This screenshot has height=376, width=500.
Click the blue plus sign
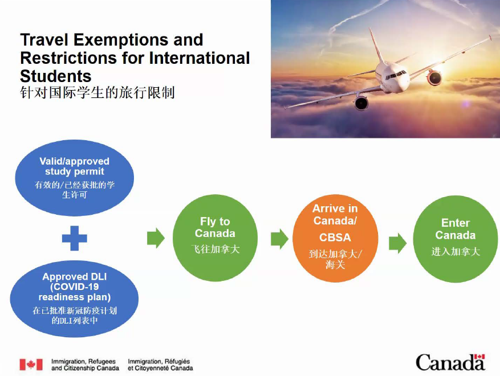pyautogui.click(x=74, y=238)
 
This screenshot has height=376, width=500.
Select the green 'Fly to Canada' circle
pyautogui.click(x=215, y=238)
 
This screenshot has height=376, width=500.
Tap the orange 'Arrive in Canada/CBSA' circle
pyautogui.click(x=335, y=238)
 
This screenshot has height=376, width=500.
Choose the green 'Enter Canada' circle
pyautogui.click(x=456, y=239)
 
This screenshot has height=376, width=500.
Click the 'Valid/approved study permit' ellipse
pyautogui.click(x=74, y=178)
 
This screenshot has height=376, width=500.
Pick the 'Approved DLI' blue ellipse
pyautogui.click(x=74, y=299)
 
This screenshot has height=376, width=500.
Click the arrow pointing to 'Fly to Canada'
pyautogui.click(x=156, y=238)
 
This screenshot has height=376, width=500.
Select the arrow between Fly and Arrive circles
pyautogui.click(x=280, y=239)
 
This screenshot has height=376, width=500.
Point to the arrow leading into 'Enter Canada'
pyautogui.click(x=397, y=243)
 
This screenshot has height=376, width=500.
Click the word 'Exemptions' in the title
pyautogui.click(x=122, y=40)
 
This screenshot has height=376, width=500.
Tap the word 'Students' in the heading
pyautogui.click(x=56, y=76)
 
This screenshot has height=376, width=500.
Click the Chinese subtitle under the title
pyautogui.click(x=97, y=92)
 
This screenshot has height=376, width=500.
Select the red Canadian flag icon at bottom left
pyautogui.click(x=31, y=365)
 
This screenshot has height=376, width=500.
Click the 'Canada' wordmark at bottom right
pyautogui.click(x=450, y=363)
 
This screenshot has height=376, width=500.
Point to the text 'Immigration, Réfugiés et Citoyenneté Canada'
pyautogui.click(x=160, y=365)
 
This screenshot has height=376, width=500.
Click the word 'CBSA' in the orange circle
pyautogui.click(x=335, y=238)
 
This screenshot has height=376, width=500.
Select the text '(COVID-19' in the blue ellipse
pyautogui.click(x=74, y=287)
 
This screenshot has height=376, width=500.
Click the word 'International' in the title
pyautogui.click(x=200, y=58)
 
